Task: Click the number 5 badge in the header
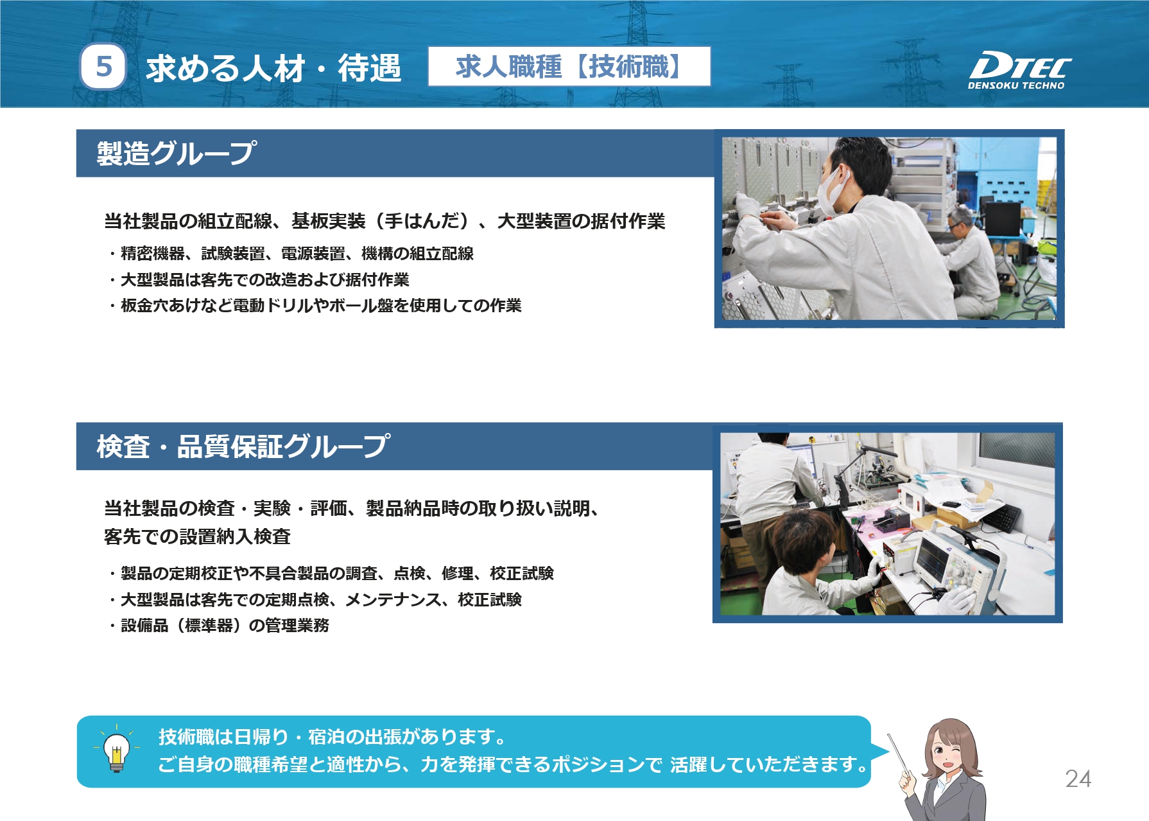click(103, 67)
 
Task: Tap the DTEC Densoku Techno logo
click(1019, 69)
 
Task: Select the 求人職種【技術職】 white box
click(569, 66)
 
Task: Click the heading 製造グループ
click(177, 153)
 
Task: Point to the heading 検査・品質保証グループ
click(243, 446)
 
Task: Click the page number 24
click(1078, 779)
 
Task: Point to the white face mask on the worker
click(834, 189)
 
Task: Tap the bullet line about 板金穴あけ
click(315, 305)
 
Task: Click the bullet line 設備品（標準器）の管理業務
click(218, 625)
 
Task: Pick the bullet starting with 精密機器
click(290, 253)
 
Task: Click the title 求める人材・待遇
click(273, 68)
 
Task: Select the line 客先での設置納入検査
click(198, 536)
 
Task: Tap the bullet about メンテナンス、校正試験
click(315, 599)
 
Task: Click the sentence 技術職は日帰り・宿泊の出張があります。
click(333, 736)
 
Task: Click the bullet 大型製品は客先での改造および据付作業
click(258, 279)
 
